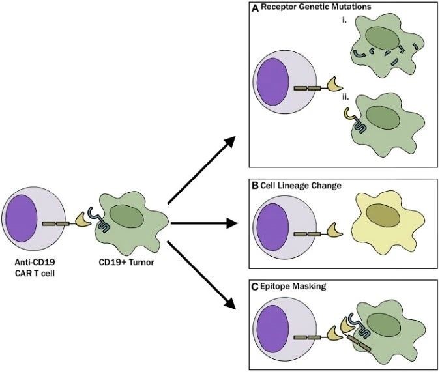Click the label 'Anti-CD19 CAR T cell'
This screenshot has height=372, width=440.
click(x=35, y=268)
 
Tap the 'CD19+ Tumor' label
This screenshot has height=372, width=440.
click(x=126, y=263)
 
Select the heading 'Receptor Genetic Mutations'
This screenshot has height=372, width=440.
click(x=316, y=7)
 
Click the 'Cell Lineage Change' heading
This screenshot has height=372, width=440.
click(x=301, y=186)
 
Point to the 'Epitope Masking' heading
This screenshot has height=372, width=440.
click(x=293, y=287)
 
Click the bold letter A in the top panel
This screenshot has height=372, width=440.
click(x=255, y=8)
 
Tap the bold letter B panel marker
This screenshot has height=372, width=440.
click(x=255, y=186)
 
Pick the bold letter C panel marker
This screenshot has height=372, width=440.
click(x=255, y=287)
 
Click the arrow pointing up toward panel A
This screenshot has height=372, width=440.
click(x=201, y=170)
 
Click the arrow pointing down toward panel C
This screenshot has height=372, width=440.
click(x=201, y=275)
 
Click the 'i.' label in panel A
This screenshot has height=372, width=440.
click(x=344, y=20)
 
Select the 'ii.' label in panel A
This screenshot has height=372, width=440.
click(x=345, y=97)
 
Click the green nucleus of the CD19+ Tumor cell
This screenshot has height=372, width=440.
click(x=126, y=216)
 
